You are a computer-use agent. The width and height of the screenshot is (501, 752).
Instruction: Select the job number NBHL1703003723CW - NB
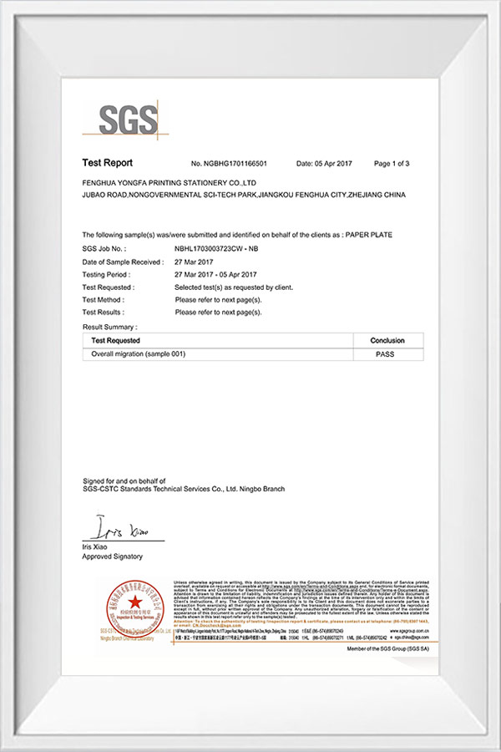click(x=215, y=248)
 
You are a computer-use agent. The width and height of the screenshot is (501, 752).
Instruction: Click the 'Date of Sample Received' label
click(x=122, y=262)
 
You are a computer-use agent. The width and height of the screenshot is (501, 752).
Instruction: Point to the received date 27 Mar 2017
click(x=194, y=262)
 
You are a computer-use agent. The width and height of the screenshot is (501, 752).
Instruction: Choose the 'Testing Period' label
click(x=105, y=274)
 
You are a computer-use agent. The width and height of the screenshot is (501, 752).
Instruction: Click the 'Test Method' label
click(x=104, y=299)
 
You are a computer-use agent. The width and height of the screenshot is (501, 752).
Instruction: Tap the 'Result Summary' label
click(x=110, y=327)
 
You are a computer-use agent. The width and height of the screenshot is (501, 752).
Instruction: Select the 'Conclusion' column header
click(x=387, y=341)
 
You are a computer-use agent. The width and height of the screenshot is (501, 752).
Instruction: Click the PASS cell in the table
click(x=387, y=354)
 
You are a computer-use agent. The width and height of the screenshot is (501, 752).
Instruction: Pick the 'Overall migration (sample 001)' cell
click(x=138, y=354)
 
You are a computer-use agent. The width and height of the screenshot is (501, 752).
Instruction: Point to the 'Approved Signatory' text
click(x=112, y=556)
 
